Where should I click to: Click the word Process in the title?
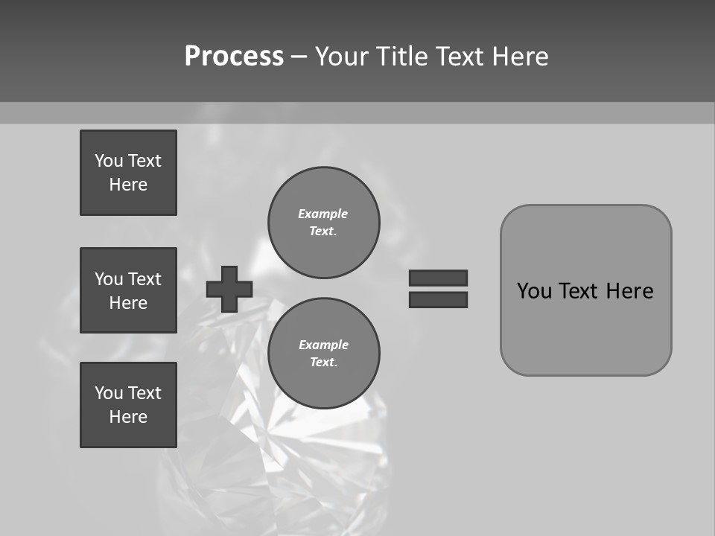[x=234, y=57]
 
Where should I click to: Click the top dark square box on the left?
[x=128, y=173]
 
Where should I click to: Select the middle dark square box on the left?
[x=128, y=290]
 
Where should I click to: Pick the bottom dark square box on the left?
[x=128, y=405]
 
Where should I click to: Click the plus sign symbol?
[x=229, y=289]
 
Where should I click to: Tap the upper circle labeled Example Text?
[x=323, y=223]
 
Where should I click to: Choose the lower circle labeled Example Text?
[x=323, y=354]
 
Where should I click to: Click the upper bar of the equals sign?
[x=438, y=278]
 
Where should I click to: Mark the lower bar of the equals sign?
[x=438, y=299]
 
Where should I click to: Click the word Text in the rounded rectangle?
[x=578, y=291]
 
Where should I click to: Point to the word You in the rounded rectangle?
[x=534, y=291]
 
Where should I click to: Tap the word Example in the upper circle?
[x=323, y=214]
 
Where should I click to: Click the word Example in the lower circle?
[x=323, y=345]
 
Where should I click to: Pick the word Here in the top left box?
[x=128, y=185]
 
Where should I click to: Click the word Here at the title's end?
[x=519, y=57]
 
